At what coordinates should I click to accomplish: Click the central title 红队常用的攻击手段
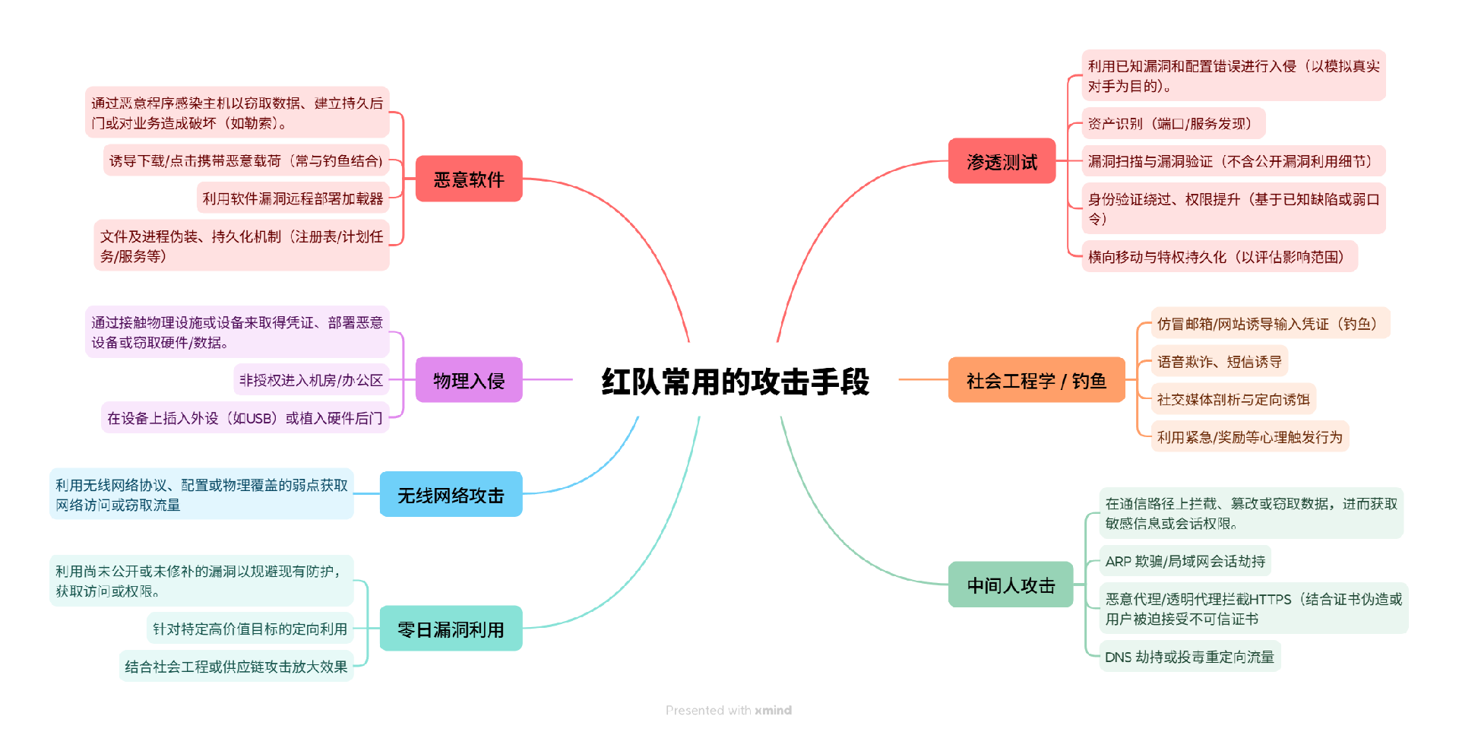pos(735,382)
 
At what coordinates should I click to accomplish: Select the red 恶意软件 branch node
pos(469,179)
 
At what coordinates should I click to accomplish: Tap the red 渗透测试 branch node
pos(1002,161)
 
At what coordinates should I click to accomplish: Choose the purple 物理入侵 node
pos(469,380)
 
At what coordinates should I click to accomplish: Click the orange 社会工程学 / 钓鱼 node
pos(1036,380)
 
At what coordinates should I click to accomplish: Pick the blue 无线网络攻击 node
pos(451,495)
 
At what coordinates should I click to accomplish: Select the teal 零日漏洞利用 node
pos(451,629)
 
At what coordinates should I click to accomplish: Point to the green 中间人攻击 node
pos(1011,585)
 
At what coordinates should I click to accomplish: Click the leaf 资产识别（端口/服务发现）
pos(1173,124)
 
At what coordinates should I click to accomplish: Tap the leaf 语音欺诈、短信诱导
pos(1219,362)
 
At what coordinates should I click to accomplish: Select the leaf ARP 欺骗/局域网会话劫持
pos(1185,562)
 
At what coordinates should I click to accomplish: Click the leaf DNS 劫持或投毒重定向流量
pos(1189,657)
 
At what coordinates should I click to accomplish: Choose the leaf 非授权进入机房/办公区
pos(311,380)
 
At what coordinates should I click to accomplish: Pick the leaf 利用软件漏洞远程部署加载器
pos(293,198)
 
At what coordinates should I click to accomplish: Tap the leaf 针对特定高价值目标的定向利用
pos(250,629)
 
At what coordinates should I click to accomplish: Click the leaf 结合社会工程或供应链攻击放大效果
pos(236,667)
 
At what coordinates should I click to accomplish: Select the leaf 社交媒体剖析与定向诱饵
pos(1233,399)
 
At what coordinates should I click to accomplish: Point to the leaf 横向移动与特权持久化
pos(1219,257)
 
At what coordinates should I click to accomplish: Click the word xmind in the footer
pos(773,710)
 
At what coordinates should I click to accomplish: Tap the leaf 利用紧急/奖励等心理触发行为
pos(1249,437)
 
